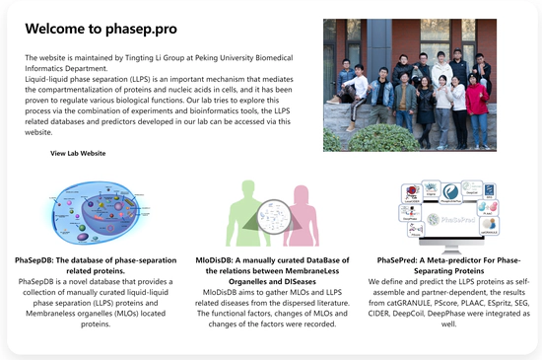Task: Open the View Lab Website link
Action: [78, 154]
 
